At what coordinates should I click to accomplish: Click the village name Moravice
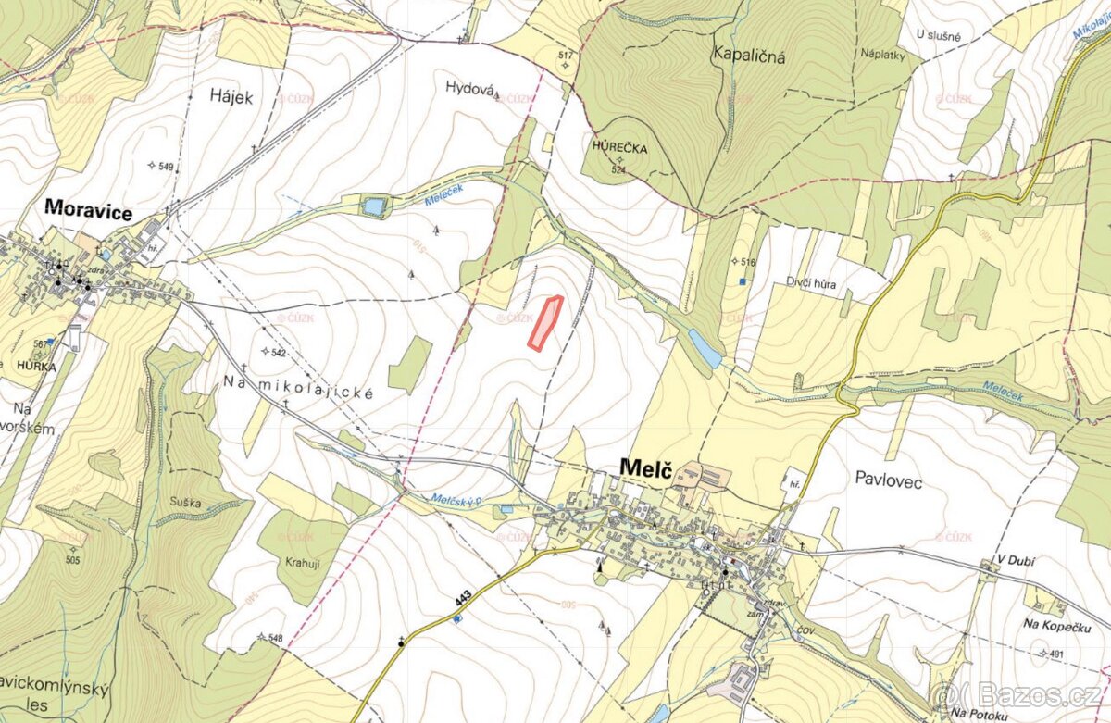(x=89, y=212)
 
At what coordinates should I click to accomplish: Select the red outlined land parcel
(x=545, y=323)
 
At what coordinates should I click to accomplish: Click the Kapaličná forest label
(x=748, y=56)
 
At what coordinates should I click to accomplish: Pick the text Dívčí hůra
(x=811, y=284)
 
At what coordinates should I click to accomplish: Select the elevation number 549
(x=166, y=166)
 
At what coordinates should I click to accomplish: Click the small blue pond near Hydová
(x=374, y=206)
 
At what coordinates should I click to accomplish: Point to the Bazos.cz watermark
(x=1017, y=694)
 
